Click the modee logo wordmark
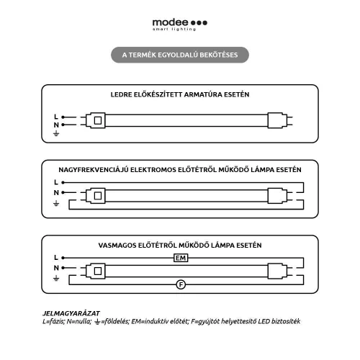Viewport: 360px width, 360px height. pos(170,22)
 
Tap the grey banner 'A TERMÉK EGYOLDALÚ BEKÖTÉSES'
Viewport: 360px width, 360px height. pos(180,55)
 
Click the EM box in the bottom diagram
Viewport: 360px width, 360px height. pos(181,258)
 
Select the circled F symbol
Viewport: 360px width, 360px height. pos(181,284)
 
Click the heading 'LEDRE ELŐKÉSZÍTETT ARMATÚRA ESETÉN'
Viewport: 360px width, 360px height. pos(180,94)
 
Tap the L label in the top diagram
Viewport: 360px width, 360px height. pos(56,117)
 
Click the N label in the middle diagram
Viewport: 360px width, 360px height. pos(56,192)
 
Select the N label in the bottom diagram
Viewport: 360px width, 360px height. pos(56,268)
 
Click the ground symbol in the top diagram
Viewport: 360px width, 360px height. pos(56,133)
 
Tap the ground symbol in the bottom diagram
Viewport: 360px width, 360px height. pos(56,279)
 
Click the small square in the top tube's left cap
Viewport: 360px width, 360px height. pos(98,120)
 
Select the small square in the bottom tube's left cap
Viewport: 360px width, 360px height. pos(98,271)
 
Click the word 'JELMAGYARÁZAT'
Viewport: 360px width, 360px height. pos(71,313)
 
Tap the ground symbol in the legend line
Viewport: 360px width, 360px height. pos(97,322)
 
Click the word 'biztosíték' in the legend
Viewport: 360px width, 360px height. pos(288,321)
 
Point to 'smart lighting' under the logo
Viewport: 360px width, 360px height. pos(174,30)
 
